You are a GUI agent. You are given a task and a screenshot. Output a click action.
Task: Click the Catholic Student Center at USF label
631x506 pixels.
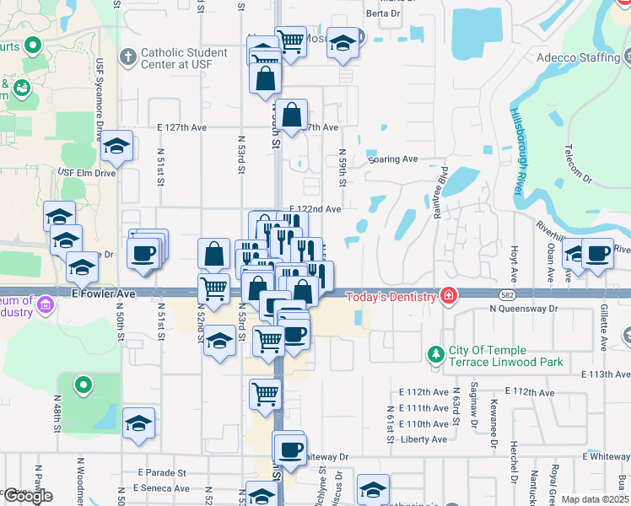pos(184,58)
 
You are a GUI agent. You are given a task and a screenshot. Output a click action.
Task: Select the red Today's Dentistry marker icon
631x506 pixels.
pos(449,295)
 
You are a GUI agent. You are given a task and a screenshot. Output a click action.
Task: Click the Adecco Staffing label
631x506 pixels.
pos(577,58)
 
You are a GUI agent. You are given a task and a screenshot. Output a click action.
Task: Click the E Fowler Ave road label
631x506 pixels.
pos(104,293)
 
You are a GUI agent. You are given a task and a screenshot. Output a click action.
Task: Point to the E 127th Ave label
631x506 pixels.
pos(181,127)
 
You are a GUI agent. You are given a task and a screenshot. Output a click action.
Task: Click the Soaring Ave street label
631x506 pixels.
pos(393,159)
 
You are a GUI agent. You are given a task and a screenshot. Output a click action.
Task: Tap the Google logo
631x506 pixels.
pos(28,496)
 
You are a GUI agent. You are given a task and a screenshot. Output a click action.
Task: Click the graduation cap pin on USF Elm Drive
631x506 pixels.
pos(117,148)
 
